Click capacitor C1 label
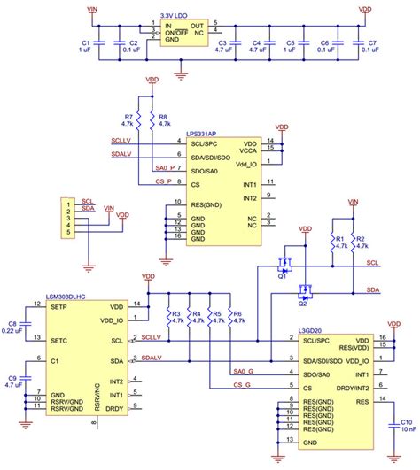coord(85,43)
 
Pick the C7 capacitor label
coord(371,43)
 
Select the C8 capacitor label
coord(12,323)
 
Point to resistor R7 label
coord(128,116)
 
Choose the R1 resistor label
coord(338,239)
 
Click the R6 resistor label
coord(236,314)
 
